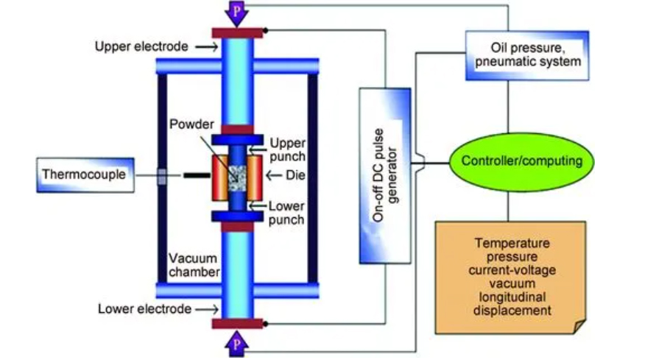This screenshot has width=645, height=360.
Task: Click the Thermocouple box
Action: click(x=85, y=175)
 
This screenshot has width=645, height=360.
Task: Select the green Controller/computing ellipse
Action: click(x=521, y=161)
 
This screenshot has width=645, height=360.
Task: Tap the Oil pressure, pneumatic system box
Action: click(x=527, y=55)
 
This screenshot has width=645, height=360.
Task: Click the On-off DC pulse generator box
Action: click(x=385, y=176)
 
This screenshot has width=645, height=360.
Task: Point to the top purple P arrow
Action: click(x=236, y=13)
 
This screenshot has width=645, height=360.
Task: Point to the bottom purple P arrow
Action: click(x=236, y=344)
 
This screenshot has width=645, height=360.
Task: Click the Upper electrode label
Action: click(x=141, y=46)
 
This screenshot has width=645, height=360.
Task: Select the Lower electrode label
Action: click(x=144, y=309)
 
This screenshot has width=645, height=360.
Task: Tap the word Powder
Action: click(x=191, y=124)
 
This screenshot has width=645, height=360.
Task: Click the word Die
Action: click(x=295, y=175)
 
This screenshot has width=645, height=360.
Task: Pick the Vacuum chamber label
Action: click(x=194, y=265)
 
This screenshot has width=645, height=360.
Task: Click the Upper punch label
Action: click(x=287, y=149)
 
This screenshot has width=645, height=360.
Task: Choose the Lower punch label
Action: click(x=286, y=213)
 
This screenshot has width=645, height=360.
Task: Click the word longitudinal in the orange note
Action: click(x=512, y=297)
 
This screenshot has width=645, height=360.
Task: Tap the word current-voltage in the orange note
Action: click(x=512, y=270)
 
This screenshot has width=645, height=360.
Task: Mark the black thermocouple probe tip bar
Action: click(x=197, y=176)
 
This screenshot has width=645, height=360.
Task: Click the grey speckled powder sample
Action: click(x=237, y=178)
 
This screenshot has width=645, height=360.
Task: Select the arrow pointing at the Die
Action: click(x=274, y=176)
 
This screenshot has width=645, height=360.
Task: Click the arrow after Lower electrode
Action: click(x=207, y=309)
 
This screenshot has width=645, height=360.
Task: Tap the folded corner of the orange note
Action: click(x=579, y=327)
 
